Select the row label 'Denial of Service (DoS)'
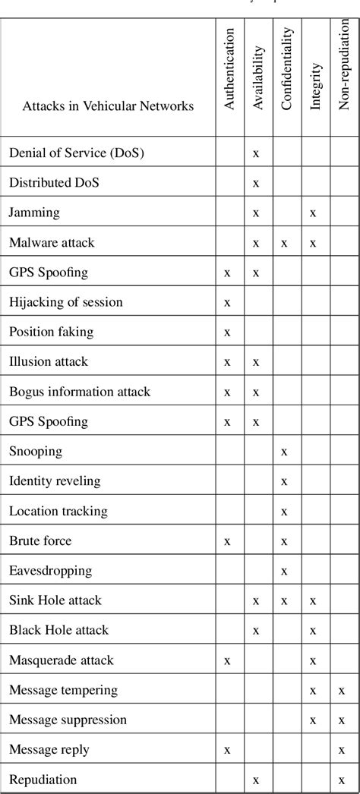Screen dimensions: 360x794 pos(77,153)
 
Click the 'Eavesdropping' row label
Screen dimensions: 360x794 pos(50,570)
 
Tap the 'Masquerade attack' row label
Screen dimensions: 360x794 pos(58,660)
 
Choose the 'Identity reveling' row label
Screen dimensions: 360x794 pos(55,480)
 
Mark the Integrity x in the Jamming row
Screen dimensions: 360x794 pos(313,213)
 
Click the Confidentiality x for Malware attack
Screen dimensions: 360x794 pos(284,243)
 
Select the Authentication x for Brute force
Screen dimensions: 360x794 pos(227,541)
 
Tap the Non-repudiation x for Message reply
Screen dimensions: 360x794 pos(343,750)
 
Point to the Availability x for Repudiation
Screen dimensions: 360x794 pos(256,780)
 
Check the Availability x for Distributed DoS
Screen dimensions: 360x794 pos(256,183)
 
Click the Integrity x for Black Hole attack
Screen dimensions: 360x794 pos(313,631)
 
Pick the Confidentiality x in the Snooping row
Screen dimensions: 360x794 pos(284,452)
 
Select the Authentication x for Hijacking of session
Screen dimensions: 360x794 pos(227,303)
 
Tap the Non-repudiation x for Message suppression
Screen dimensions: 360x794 pos(343,720)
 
